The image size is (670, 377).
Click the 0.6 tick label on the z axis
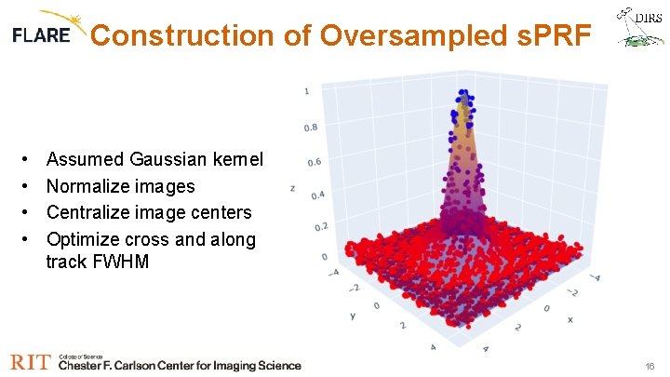pyautogui.click(x=315, y=162)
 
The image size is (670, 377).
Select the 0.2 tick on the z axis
pyautogui.click(x=321, y=227)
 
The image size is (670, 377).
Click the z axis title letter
pyautogui.click(x=293, y=188)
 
